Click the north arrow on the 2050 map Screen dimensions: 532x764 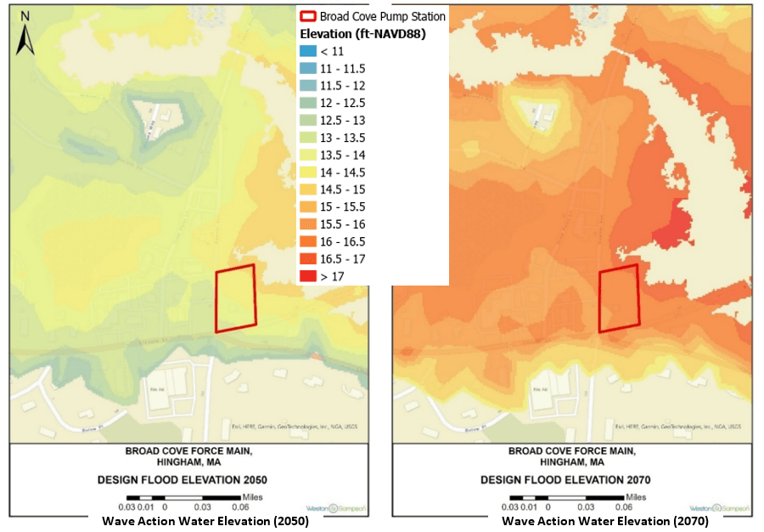tap(25, 35)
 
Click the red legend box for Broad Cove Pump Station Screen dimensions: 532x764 tap(308, 17)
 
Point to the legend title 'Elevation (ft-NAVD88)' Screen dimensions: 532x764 tap(362, 34)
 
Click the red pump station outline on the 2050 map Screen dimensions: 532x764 tap(235, 298)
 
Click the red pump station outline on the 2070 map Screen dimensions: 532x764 tap(619, 298)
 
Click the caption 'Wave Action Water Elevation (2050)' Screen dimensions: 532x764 tap(205, 521)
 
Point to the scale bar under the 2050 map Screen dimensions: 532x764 tap(187, 497)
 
